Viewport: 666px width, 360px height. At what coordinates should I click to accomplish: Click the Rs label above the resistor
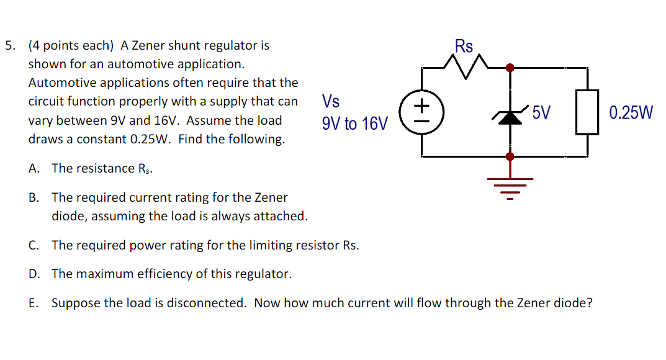tap(464, 47)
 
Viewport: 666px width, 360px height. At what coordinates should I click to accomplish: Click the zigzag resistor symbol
tap(466, 63)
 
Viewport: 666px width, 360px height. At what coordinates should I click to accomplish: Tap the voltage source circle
tap(422, 112)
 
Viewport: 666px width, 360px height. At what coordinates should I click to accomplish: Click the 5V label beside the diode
tap(541, 113)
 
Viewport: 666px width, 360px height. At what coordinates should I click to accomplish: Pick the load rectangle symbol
tap(587, 112)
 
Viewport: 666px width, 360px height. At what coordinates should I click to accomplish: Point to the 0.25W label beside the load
tap(631, 113)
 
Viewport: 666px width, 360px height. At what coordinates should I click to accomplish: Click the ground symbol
tap(510, 184)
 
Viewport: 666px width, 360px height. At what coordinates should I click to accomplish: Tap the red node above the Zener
tap(510, 68)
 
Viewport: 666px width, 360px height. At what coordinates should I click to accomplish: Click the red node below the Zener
tap(510, 156)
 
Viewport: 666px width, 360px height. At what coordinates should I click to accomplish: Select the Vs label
tap(331, 101)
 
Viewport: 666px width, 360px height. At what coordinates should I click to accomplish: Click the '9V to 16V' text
tap(354, 124)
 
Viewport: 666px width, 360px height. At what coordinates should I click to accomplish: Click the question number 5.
tap(9, 45)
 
